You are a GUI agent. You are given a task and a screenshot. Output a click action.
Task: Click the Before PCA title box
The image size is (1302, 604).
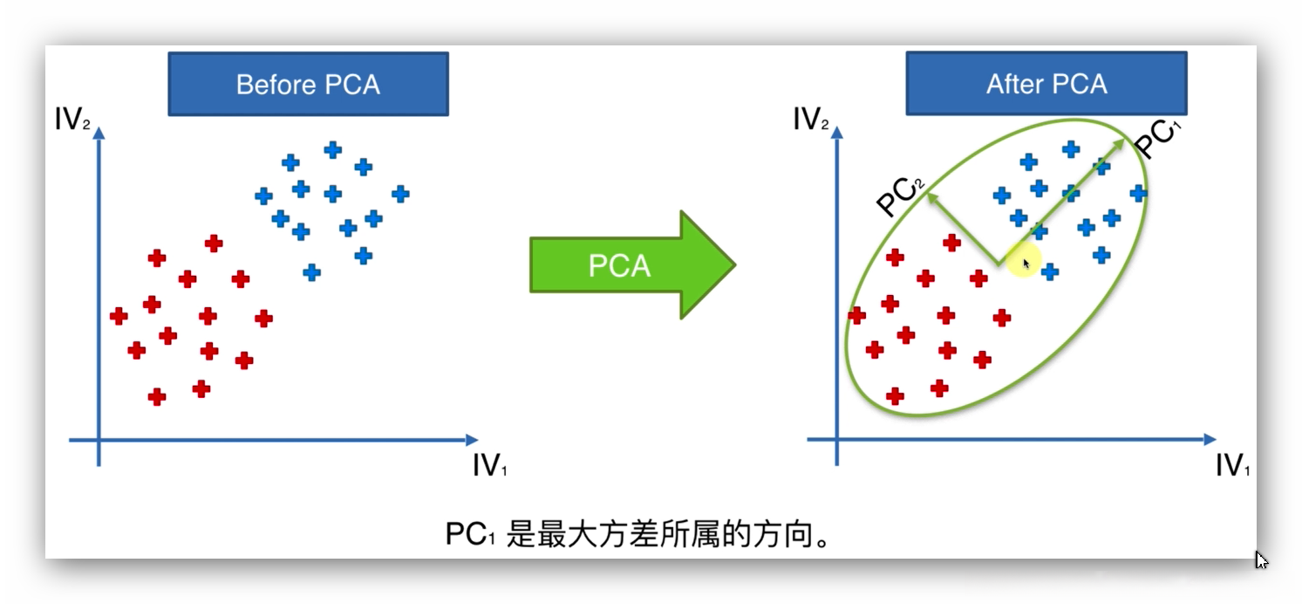[308, 85]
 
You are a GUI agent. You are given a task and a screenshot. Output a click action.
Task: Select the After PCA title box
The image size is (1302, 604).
[1046, 84]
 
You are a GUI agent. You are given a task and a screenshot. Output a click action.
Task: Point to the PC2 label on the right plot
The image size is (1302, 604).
[899, 196]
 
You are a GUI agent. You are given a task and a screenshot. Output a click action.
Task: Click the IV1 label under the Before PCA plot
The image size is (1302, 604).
[489, 466]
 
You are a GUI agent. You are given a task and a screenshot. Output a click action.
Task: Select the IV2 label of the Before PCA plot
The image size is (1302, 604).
[72, 120]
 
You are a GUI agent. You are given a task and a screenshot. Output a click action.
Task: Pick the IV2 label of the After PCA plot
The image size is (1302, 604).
[810, 120]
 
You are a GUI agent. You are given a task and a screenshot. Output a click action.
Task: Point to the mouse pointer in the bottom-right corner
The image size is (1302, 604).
[1261, 560]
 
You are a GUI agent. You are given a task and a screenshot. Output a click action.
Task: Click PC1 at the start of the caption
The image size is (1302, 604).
[470, 534]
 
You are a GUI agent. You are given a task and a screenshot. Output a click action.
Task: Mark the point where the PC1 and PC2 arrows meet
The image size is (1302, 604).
[998, 263]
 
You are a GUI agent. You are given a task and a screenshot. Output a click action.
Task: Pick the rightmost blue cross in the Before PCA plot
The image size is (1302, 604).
[400, 194]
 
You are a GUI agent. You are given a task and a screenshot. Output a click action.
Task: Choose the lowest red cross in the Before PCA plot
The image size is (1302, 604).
[157, 397]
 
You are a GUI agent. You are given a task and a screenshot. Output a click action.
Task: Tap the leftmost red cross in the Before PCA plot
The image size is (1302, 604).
[119, 316]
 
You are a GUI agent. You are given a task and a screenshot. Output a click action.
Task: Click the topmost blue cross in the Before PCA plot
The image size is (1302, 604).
[332, 150]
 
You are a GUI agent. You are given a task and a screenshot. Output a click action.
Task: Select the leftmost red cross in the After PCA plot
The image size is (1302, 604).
[857, 315]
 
